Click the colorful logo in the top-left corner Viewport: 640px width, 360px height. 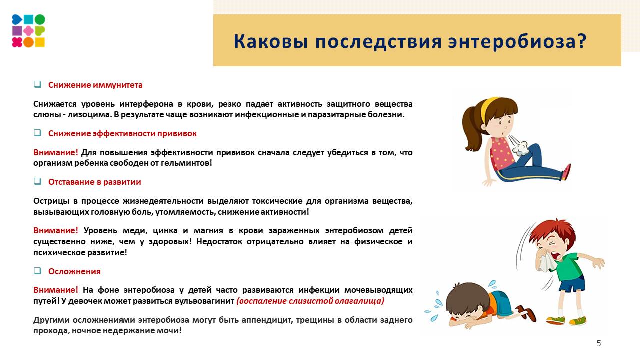point(28,31)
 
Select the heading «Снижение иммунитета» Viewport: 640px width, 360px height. point(95,85)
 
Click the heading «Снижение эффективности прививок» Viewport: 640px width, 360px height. point(122,134)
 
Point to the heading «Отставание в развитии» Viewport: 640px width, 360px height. point(94,182)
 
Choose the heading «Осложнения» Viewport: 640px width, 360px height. point(74,272)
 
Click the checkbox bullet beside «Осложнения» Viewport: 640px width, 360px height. point(37,271)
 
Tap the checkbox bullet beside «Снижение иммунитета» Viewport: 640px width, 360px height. point(37,85)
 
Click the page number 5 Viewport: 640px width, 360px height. point(599,343)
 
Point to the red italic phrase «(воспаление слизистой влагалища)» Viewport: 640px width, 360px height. point(310,301)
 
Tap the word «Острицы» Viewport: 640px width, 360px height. point(50,201)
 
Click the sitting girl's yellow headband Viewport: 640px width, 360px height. point(487,107)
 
